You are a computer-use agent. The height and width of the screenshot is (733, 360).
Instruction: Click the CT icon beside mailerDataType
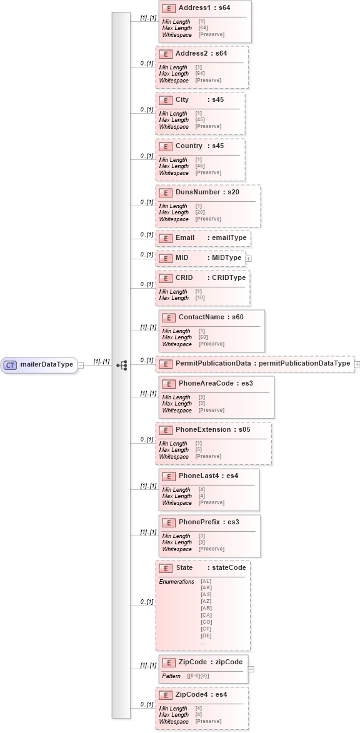pyautogui.click(x=11, y=365)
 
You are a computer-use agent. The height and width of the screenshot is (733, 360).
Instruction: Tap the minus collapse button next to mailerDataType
pyautogui.click(x=81, y=365)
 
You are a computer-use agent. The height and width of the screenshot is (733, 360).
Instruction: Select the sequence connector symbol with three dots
pyautogui.click(x=122, y=365)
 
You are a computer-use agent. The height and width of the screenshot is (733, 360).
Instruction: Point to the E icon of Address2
pyautogui.click(x=164, y=54)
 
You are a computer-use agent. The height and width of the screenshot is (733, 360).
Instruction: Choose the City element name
pyautogui.click(x=182, y=100)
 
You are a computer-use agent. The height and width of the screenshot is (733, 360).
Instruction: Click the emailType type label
pyautogui.click(x=229, y=238)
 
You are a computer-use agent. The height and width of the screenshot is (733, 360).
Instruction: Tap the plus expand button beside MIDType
pyautogui.click(x=248, y=258)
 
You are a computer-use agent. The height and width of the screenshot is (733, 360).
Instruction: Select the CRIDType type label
pyautogui.click(x=229, y=277)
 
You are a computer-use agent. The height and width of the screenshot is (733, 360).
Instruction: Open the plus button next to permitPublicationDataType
pyautogui.click(x=357, y=363)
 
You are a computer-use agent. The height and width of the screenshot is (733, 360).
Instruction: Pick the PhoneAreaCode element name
pyautogui.click(x=202, y=383)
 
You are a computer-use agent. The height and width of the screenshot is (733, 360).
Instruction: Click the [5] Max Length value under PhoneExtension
pyautogui.click(x=199, y=450)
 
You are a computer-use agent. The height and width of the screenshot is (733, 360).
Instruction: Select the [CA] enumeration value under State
pyautogui.click(x=206, y=615)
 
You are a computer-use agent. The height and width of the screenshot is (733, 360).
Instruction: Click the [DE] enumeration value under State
pyautogui.click(x=206, y=636)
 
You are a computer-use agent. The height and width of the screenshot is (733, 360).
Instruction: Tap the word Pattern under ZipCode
pyautogui.click(x=171, y=676)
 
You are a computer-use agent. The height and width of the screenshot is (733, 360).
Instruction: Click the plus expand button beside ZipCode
pyautogui.click(x=251, y=669)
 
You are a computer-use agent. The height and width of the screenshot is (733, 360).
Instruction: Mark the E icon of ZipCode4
pyautogui.click(x=164, y=694)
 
